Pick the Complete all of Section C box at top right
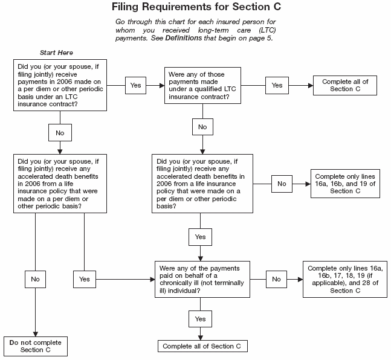(x=345, y=85)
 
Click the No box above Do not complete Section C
(x=35, y=279)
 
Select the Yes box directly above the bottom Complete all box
(x=200, y=318)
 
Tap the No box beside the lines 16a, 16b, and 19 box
(x=282, y=182)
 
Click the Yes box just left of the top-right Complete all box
(x=277, y=85)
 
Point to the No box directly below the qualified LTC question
(x=202, y=127)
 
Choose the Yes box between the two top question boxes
(x=135, y=85)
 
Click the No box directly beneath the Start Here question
(x=59, y=132)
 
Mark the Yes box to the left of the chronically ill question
(x=84, y=279)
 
